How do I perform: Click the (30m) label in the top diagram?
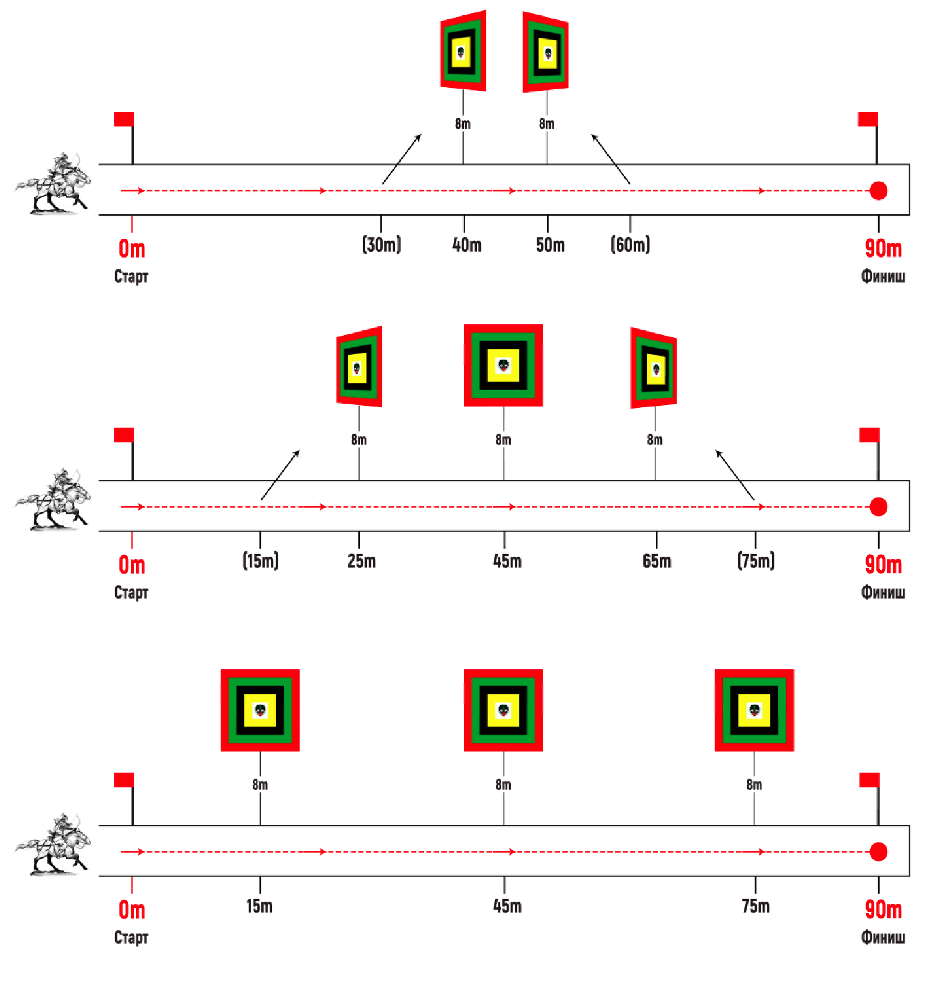[382, 244]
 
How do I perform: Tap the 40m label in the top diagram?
[467, 245]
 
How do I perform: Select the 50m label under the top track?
[550, 245]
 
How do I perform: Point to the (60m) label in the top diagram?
[630, 244]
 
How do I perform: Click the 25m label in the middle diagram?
[362, 561]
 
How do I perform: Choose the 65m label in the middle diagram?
[657, 561]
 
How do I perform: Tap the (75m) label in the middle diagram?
[756, 561]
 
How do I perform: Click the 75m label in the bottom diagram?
[756, 906]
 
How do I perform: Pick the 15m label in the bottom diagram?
[260, 906]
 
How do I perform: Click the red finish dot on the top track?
[878, 191]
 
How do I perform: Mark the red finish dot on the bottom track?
[878, 851]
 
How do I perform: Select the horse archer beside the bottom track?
[54, 844]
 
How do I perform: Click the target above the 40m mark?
[463, 51]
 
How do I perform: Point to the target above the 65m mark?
[654, 368]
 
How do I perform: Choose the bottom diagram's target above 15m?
[260, 710]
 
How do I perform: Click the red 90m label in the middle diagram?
[883, 565]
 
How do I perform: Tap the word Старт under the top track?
[131, 276]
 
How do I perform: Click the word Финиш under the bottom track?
[883, 937]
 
